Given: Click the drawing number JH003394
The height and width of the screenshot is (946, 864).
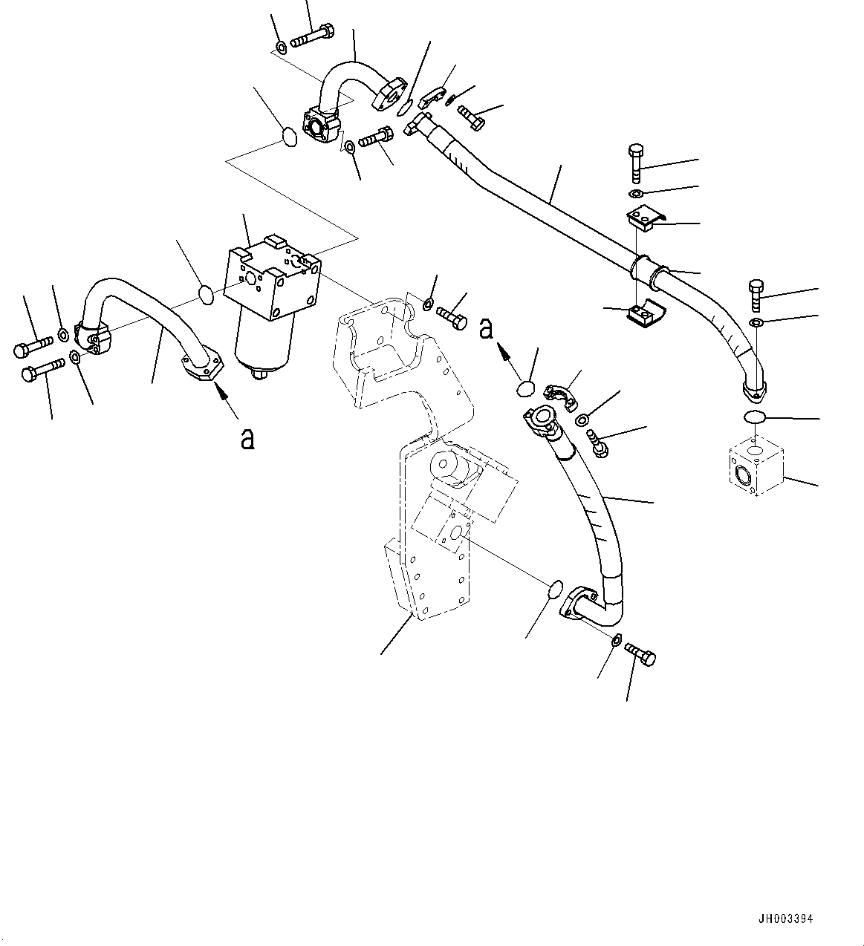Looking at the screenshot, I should pos(786,919).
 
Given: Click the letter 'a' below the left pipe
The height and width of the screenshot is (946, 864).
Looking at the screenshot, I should pos(247,439).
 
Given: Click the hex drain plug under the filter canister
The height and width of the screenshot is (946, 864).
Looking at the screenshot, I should pos(259,375).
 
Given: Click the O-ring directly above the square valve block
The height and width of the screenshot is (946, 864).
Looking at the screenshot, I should pos(754,418).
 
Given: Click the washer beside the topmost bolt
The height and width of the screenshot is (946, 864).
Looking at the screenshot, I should pos(282,48).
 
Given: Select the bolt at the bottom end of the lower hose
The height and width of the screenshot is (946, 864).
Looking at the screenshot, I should pos(640,653).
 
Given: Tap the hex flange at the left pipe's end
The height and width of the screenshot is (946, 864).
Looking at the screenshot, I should pos(203,366).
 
